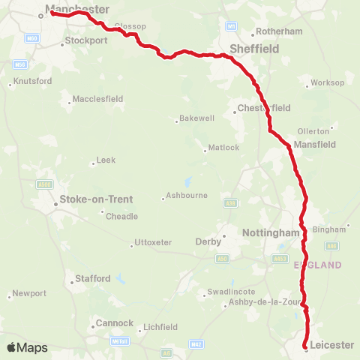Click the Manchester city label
(77, 10)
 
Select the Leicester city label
(331, 345)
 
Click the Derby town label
(208, 241)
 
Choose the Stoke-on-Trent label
(95, 199)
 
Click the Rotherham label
(279, 31)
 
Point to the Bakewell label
(197, 118)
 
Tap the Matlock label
(223, 147)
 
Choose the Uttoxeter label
(153, 242)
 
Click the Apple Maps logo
(28, 347)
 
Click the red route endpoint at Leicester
(306, 346)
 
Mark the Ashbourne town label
(187, 198)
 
